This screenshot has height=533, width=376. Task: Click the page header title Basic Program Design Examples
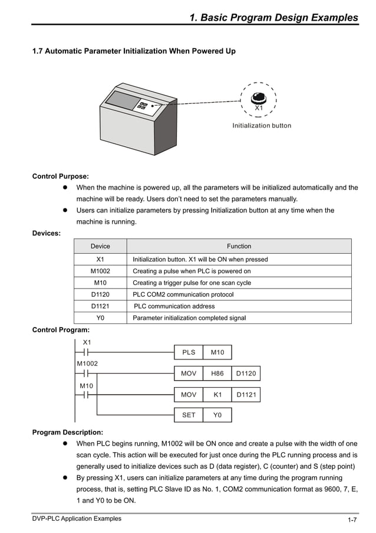pos(273,18)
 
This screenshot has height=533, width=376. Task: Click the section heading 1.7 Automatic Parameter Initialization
pos(134,51)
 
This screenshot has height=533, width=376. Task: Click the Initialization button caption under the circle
pos(261,126)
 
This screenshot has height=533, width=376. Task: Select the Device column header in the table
pos(100,246)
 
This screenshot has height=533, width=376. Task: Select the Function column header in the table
pos(239,246)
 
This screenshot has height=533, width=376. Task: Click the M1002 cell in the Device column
pos(100,271)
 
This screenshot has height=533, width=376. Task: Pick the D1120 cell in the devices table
pos(100,294)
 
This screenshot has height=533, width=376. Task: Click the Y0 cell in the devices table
pos(100,318)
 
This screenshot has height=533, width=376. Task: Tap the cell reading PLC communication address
pos(174,306)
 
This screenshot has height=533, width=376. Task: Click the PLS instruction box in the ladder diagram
pos(189,352)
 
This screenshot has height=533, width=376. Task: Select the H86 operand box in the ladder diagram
pos(217,374)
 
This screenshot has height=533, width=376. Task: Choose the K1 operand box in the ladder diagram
pos(217,395)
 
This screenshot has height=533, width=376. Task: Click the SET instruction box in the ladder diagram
pos(189,415)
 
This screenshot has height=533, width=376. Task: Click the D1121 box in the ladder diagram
pos(246,395)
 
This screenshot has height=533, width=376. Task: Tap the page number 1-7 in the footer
pos(352,520)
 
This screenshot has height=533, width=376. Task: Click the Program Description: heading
pos(67,432)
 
